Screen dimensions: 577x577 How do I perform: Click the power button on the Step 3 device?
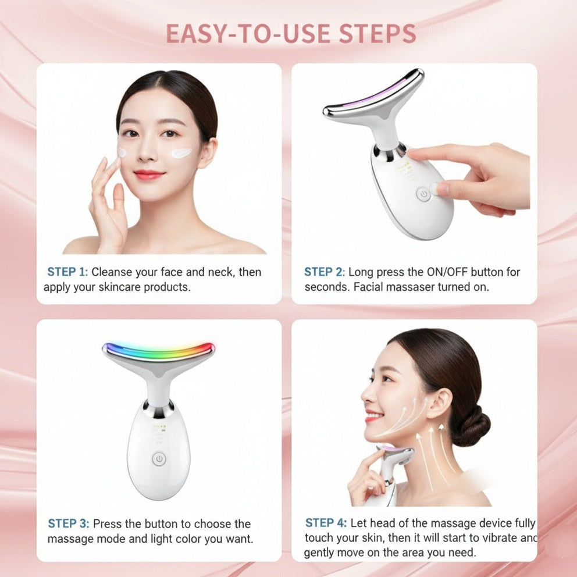158,459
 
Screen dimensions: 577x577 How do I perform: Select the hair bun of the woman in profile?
470,426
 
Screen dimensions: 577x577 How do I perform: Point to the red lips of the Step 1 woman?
149,174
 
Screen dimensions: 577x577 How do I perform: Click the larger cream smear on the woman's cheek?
181,154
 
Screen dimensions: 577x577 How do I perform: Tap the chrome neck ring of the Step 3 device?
159,409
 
